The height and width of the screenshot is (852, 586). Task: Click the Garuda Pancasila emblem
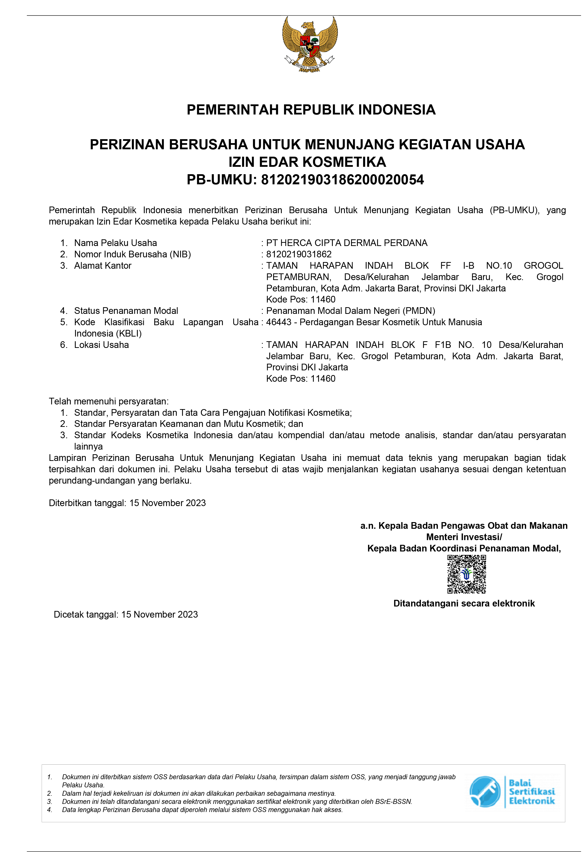(x=310, y=44)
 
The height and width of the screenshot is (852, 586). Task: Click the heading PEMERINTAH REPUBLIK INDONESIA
(x=311, y=110)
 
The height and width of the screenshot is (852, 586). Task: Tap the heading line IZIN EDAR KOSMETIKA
(x=307, y=162)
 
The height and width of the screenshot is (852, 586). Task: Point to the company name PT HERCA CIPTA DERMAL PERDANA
(x=347, y=243)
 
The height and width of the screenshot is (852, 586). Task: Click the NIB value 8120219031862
(x=299, y=254)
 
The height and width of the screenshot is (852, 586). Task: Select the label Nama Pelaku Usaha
(x=115, y=243)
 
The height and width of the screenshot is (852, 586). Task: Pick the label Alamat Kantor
(x=103, y=266)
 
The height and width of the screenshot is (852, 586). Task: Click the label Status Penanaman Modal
(x=126, y=311)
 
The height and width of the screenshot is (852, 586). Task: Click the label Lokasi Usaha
(x=101, y=345)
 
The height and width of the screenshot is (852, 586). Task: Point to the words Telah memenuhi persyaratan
(x=109, y=401)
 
